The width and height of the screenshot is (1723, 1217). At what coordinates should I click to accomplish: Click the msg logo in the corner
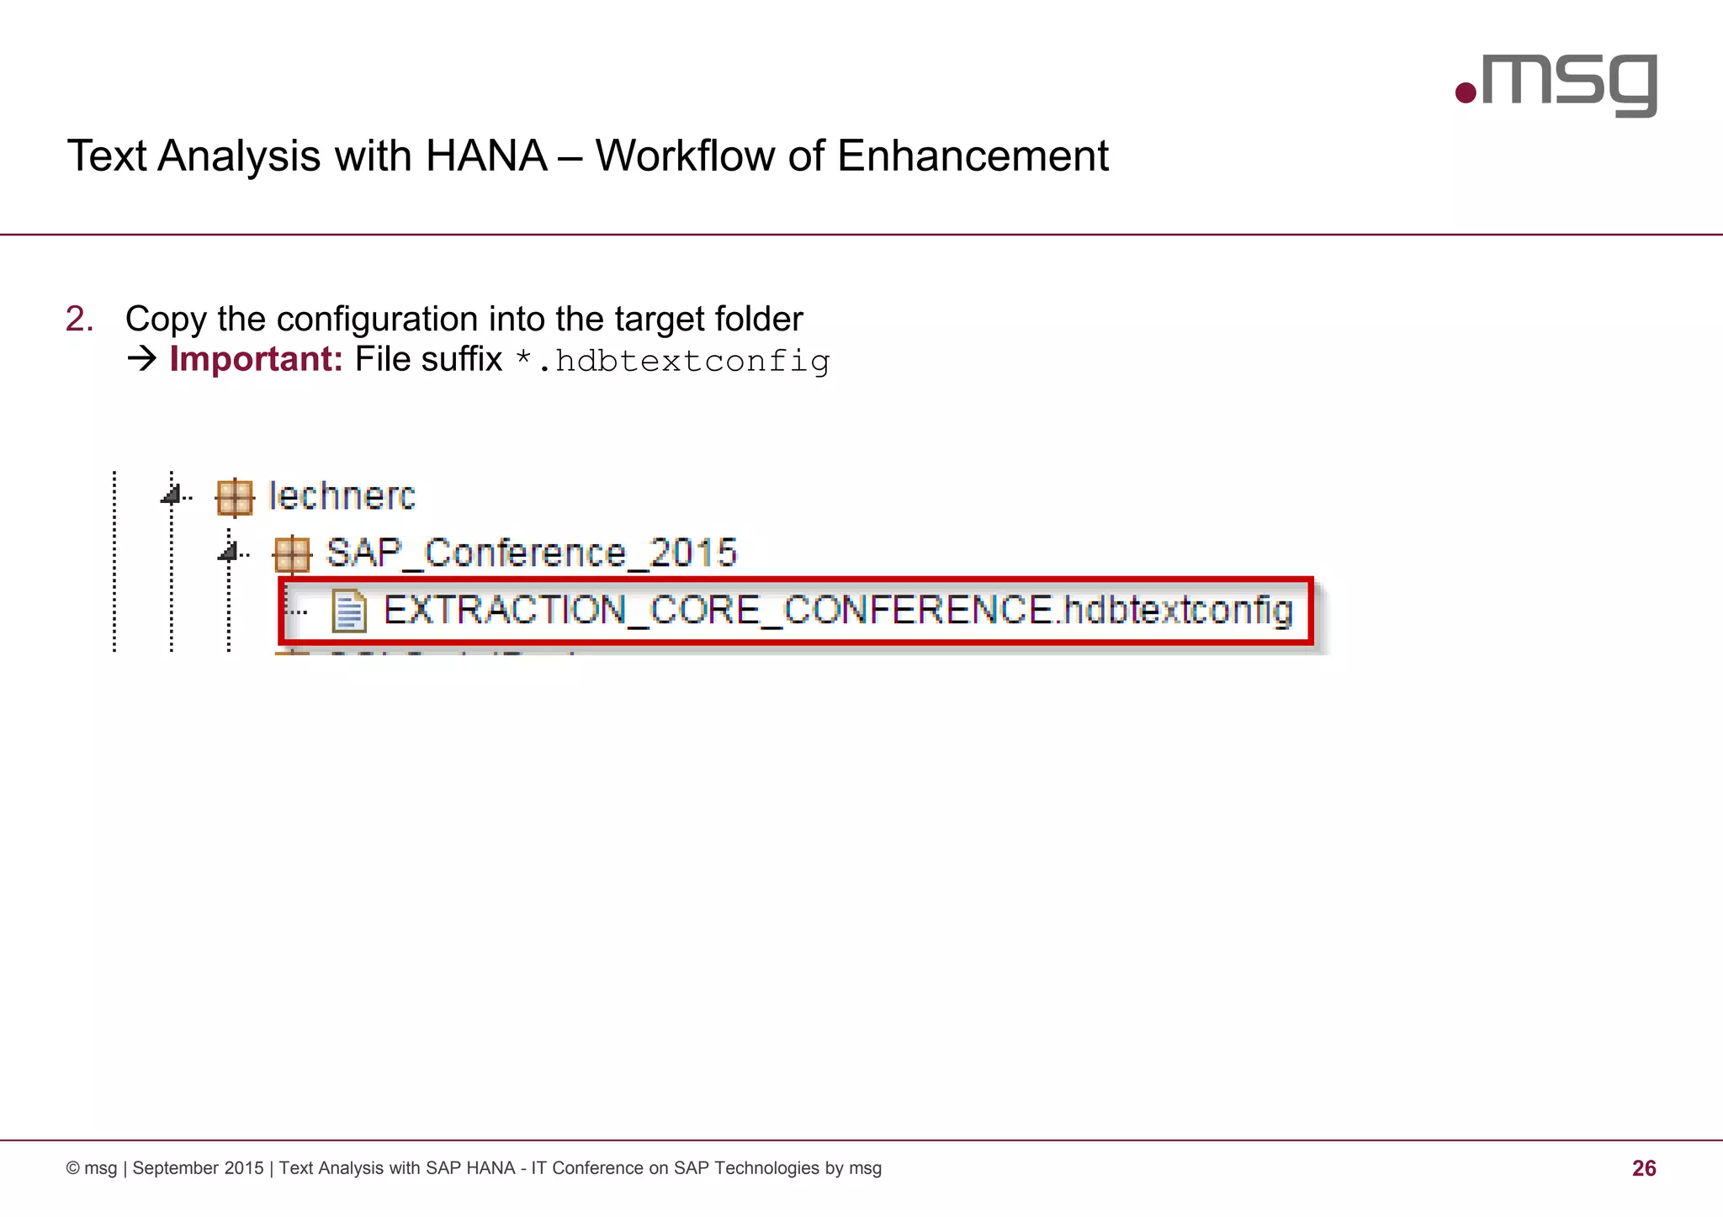1556,85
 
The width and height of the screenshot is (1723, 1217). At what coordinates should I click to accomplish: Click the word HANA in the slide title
486,156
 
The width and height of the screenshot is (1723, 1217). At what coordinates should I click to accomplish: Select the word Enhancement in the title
973,156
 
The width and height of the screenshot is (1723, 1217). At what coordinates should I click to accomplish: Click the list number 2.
79,320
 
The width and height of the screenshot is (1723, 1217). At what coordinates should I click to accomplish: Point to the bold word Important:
256,359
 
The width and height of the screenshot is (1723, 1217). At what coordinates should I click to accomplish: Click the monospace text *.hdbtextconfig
673,361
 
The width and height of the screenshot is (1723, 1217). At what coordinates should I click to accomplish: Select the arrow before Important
142,359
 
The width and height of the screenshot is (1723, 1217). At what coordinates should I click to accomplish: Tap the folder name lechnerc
342,496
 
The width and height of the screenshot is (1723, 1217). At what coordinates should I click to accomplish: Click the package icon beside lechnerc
235,496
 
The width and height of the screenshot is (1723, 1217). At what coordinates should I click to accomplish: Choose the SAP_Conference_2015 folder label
531,553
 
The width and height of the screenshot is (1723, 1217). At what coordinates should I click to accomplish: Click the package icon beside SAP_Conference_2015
292,554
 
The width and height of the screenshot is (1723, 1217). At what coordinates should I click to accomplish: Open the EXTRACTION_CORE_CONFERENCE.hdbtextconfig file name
837,611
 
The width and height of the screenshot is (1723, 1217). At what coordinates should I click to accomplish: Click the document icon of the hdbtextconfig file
348,611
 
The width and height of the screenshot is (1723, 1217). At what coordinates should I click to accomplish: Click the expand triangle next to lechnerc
172,494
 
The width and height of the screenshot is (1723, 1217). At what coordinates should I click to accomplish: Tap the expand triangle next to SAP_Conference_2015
229,551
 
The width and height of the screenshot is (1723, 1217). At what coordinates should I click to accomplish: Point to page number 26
1643,1168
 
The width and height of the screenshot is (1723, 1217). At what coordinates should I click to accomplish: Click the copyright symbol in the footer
73,1168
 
